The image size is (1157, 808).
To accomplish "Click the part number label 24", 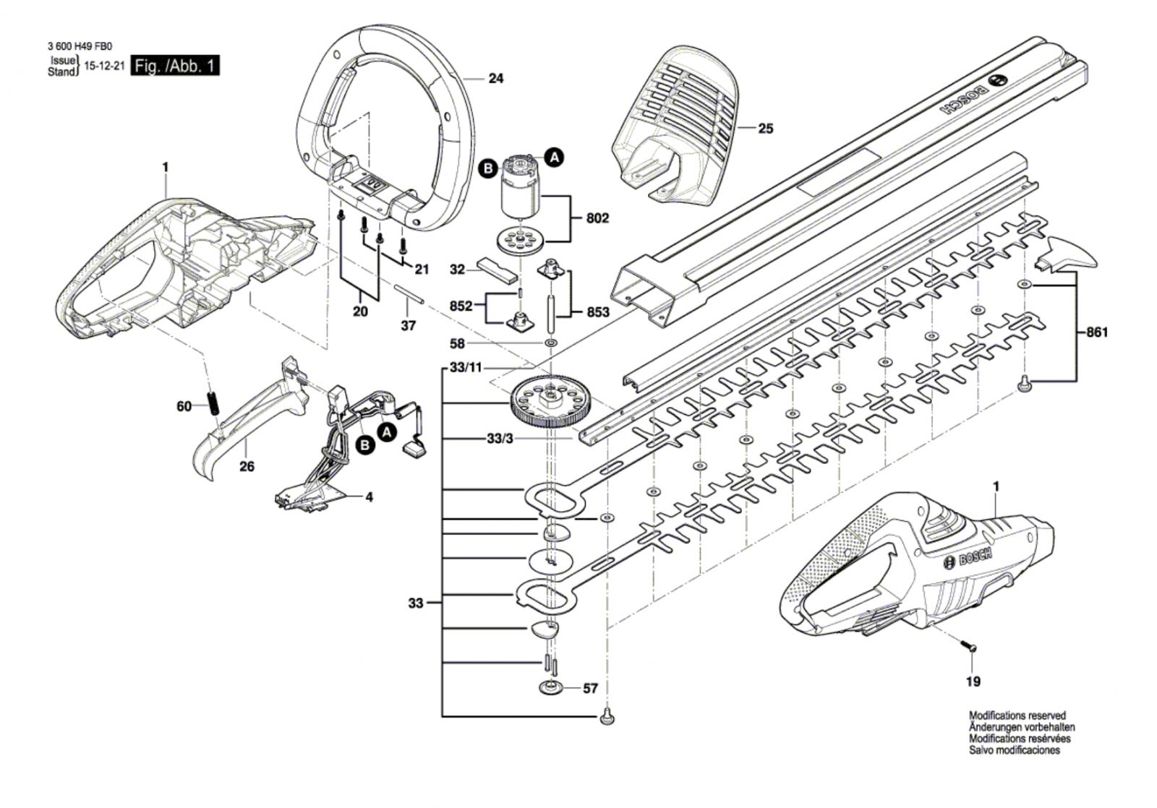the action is (496, 79).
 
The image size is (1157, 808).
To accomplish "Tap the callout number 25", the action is (766, 129).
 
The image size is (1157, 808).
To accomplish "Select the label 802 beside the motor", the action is (597, 218).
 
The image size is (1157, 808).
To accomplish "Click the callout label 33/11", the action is (466, 368).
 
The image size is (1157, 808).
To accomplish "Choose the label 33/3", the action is (500, 439).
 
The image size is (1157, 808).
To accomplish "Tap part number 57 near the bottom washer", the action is (590, 688).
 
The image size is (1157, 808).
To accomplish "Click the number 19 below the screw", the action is (973, 682).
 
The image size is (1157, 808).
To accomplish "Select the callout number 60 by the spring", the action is (184, 407).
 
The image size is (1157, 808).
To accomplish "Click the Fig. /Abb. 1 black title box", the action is (175, 66).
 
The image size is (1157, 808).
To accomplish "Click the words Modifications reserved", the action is (1017, 715).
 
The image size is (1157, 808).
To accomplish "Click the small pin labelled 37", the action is (409, 293).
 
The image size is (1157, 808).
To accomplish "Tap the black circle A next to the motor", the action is (555, 157).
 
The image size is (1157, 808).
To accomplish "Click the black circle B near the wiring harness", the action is (366, 445).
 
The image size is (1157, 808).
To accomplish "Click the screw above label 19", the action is (968, 645).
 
